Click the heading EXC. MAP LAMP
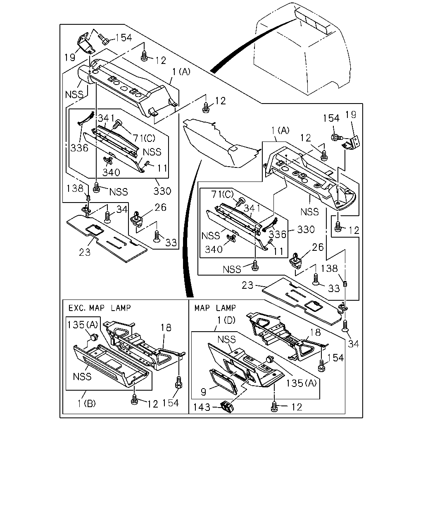point(100,308)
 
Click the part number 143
point(202,408)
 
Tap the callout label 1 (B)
point(86,403)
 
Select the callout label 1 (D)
point(226,320)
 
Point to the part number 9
point(203,392)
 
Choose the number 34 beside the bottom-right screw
point(354,344)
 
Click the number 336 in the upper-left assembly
point(79,148)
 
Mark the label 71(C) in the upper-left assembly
point(144,138)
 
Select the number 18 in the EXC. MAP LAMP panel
point(166,328)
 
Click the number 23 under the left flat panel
point(85,252)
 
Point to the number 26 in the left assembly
point(161,207)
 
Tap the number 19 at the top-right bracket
point(351,115)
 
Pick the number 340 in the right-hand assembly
point(214,250)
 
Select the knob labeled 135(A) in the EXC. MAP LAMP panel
point(94,337)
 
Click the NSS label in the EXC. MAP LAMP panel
point(82,377)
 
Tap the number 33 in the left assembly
point(171,243)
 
